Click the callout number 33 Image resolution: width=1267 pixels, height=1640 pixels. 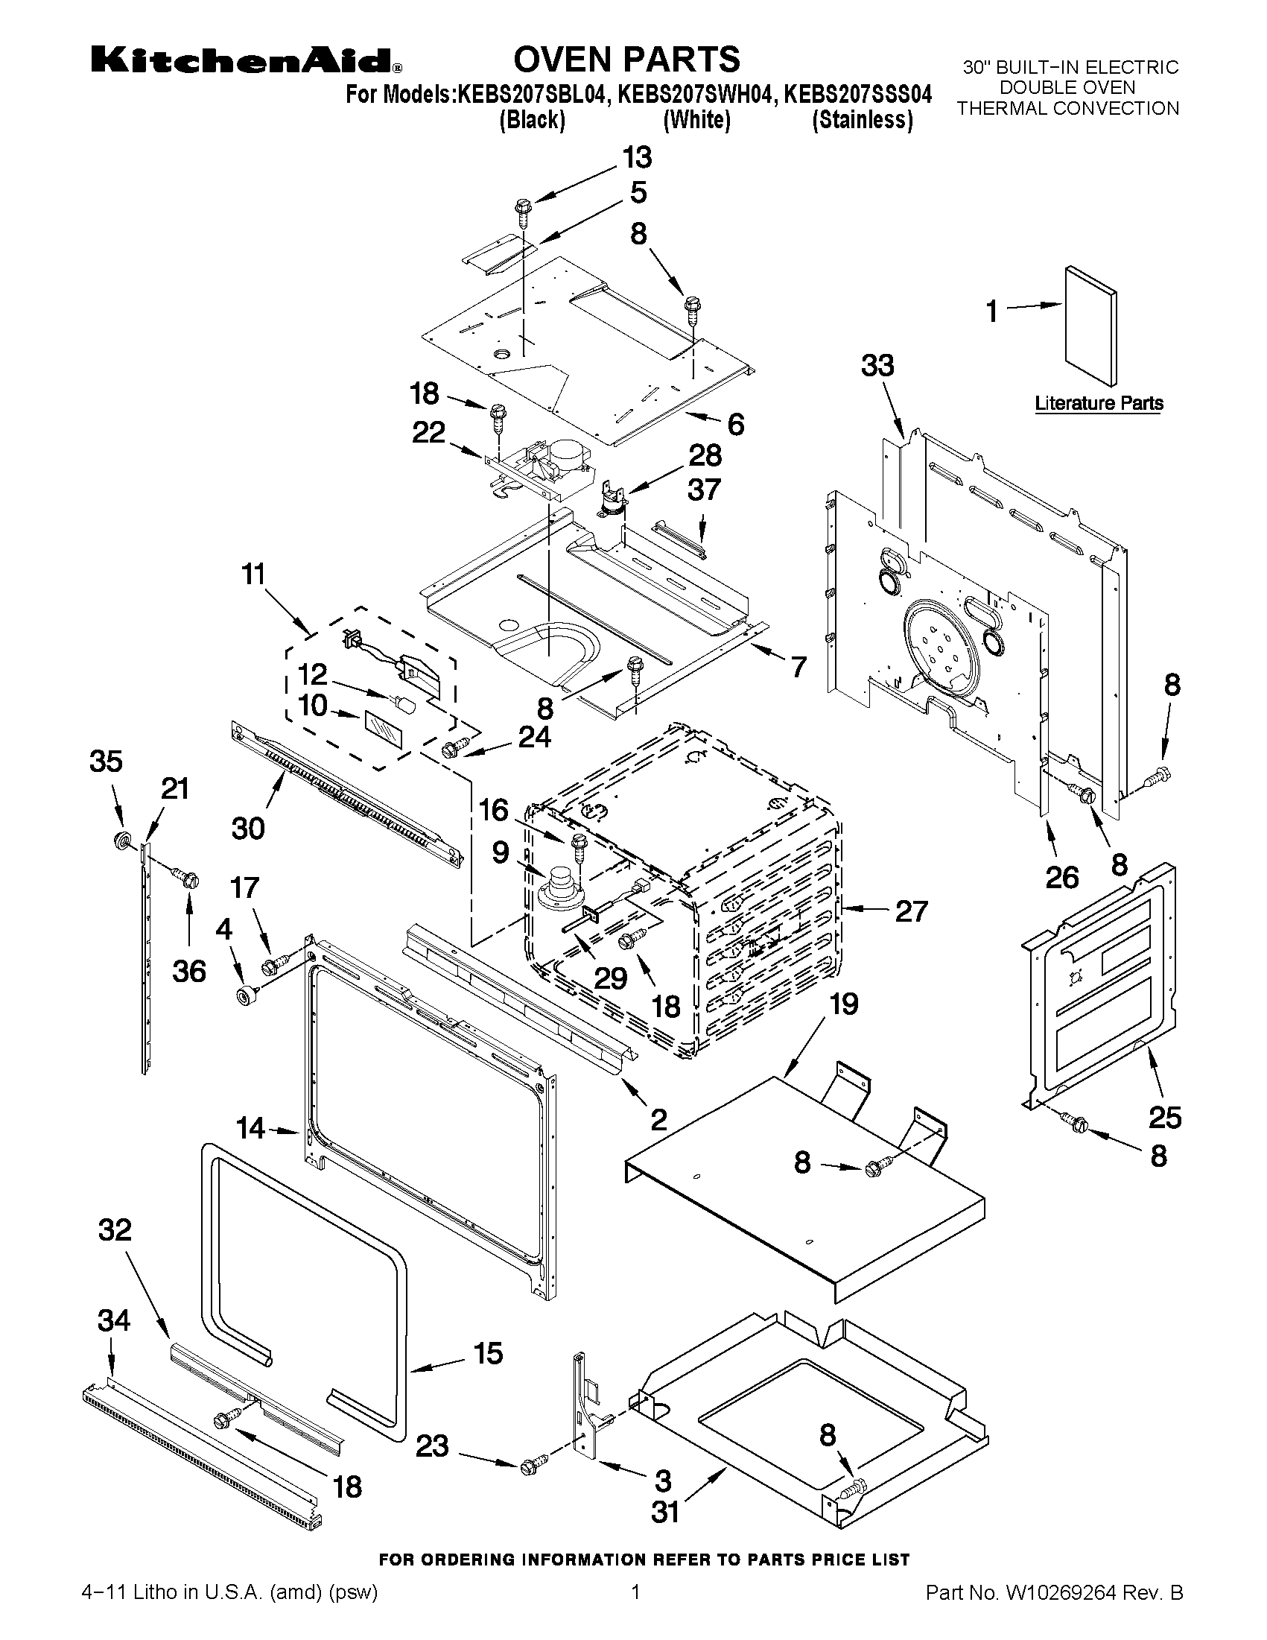point(877,367)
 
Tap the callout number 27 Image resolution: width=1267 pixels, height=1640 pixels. point(911,911)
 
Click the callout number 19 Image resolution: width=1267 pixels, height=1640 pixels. point(845,1004)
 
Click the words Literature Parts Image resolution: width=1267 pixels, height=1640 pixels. point(1099,403)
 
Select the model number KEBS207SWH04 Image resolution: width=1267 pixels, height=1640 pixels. point(696,95)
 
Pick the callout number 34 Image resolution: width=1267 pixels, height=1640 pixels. point(113,1320)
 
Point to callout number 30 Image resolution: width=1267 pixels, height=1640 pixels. point(248,829)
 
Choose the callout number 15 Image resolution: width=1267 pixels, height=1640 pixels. point(488,1354)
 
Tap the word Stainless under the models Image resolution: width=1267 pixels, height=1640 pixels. point(863,120)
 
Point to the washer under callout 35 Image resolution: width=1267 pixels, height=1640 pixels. point(120,840)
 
